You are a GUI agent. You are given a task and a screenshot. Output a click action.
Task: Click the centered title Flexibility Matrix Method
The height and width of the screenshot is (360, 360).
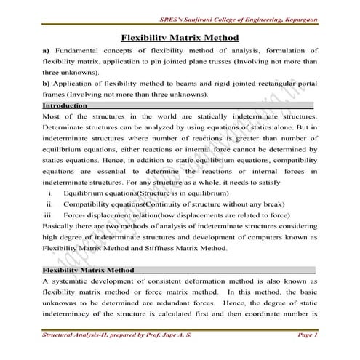[x=180, y=37]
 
